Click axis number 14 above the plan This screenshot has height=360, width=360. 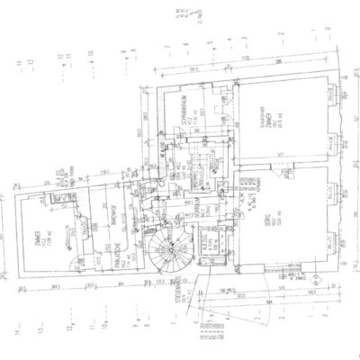(18, 61)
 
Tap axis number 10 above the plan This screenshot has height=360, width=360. (93, 54)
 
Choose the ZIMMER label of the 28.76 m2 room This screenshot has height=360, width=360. (269, 127)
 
